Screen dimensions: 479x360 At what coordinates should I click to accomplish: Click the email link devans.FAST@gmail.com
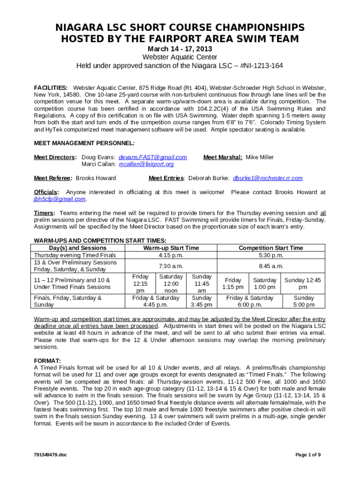(153, 157)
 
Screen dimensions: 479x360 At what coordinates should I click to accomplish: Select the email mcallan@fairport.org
(146, 164)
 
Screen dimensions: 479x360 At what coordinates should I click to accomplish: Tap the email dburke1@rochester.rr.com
(267, 178)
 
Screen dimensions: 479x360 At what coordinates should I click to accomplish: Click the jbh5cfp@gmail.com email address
(60, 199)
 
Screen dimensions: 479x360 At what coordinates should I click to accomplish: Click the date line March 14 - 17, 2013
(180, 49)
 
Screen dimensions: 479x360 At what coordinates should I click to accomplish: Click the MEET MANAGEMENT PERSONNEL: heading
(84, 143)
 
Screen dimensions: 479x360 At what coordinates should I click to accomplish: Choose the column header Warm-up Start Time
(171, 248)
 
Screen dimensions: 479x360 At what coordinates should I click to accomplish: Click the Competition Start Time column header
(271, 248)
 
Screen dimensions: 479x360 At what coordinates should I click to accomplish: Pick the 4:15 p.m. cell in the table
(171, 255)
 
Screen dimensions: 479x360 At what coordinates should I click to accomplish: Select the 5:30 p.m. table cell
(271, 255)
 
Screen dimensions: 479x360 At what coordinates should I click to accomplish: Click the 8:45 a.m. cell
(271, 266)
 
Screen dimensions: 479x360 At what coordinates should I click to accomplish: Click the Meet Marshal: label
(223, 157)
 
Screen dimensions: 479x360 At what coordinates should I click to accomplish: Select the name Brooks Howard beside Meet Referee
(96, 178)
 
